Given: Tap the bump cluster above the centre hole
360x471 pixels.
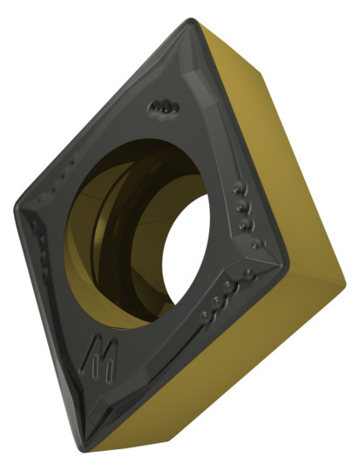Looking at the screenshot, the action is point(164,107).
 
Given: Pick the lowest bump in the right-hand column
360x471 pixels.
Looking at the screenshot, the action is point(257,243).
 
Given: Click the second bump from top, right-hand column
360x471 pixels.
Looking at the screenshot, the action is point(242,206).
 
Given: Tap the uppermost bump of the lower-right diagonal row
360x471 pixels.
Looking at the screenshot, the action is point(248,273).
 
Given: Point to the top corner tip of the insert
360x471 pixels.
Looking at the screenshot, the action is point(191,20).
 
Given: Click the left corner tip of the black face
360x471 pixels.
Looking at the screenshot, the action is point(15,208).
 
